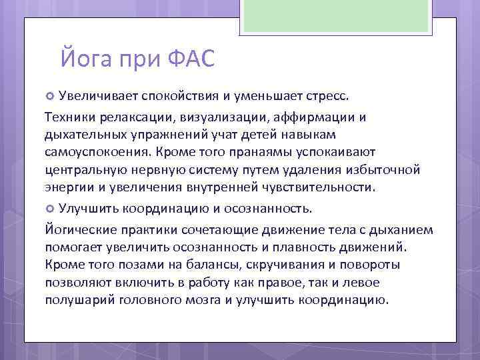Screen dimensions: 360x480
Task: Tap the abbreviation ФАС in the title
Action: click(x=188, y=59)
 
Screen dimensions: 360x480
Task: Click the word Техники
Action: click(x=69, y=118)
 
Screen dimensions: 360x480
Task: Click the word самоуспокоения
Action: click(x=95, y=153)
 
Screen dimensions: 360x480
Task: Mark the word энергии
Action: click(x=68, y=187)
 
